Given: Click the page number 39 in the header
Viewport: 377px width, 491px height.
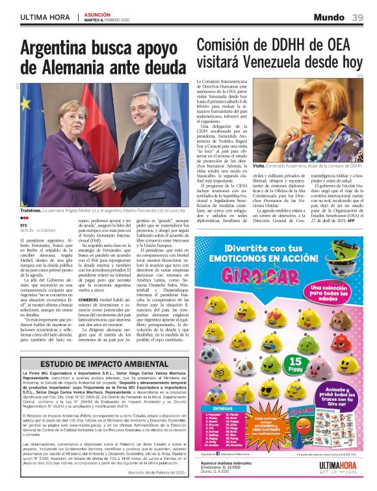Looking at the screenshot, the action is point(357,16).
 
